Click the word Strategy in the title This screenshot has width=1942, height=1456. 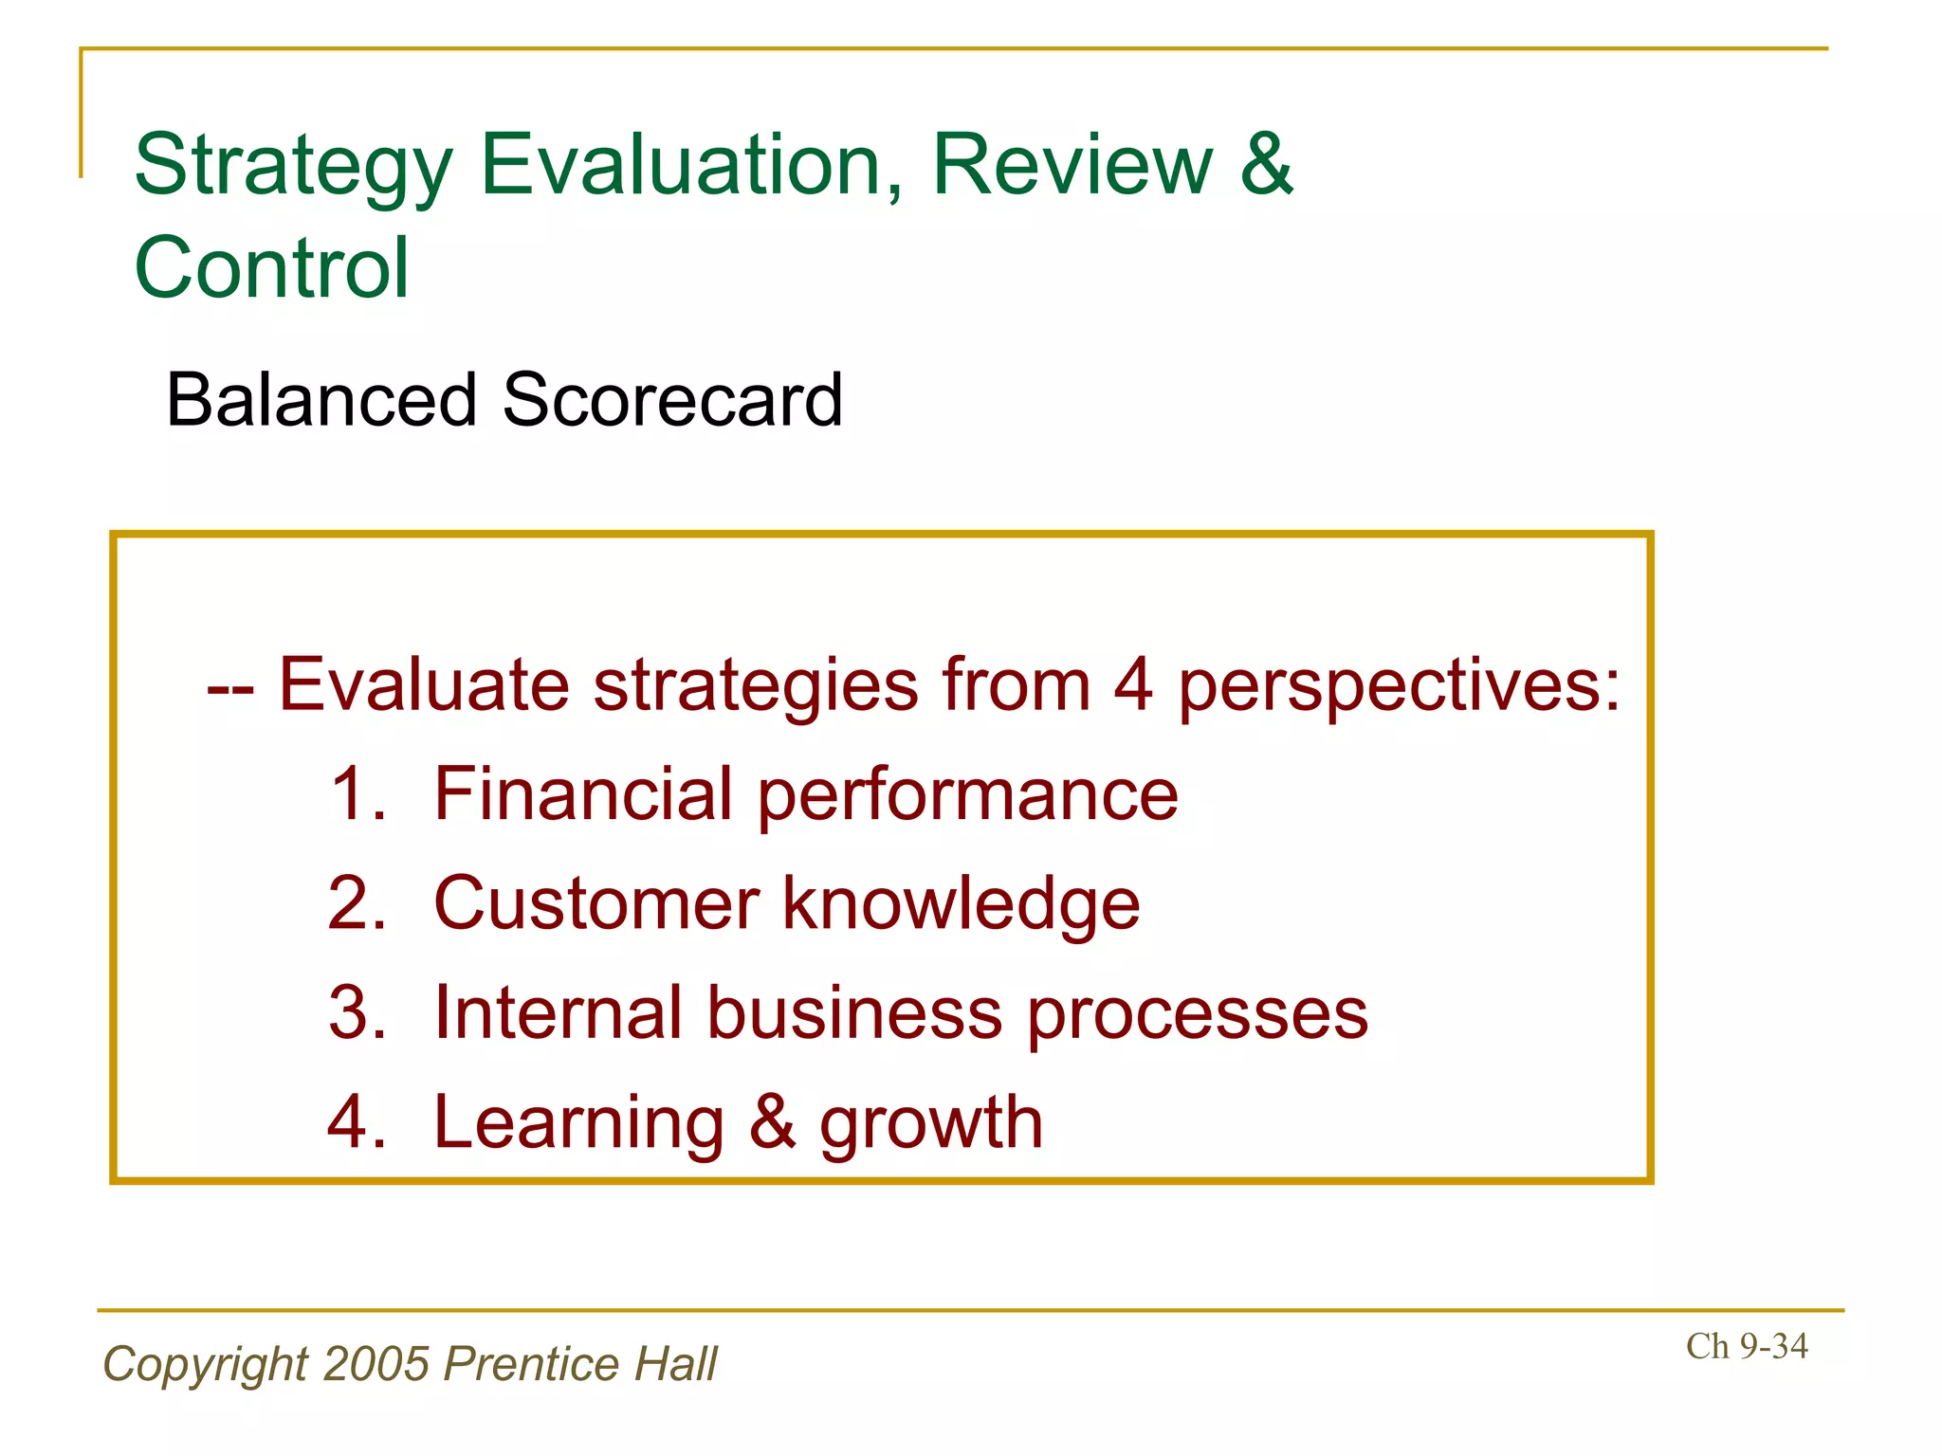tap(293, 169)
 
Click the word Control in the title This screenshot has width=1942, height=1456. tap(272, 268)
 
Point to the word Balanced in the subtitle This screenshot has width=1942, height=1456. tap(321, 400)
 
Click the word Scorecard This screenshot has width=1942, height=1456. tap(672, 400)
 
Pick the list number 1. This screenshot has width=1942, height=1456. tap(357, 794)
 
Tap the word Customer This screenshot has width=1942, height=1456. tap(596, 903)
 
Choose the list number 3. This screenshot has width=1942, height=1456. tap(357, 1012)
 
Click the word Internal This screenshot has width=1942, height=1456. tap(558, 1012)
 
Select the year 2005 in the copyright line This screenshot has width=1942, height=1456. tap(376, 1363)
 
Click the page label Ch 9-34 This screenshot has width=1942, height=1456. tap(1746, 1346)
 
